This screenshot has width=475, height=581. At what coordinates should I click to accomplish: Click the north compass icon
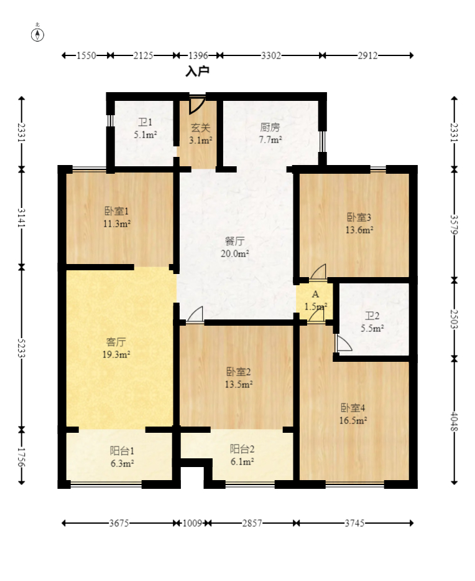point(37,34)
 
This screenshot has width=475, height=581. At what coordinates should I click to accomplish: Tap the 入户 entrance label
point(198,71)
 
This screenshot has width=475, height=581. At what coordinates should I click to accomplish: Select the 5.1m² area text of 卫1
point(145,135)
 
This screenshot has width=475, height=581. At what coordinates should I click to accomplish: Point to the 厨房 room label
point(270,128)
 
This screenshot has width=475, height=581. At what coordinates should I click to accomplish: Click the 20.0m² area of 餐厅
point(235,254)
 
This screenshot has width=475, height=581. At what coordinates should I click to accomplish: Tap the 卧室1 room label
point(117,211)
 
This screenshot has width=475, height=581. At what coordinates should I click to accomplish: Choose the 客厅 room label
point(116,342)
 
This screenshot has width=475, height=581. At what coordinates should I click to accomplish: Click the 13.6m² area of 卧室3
point(359,230)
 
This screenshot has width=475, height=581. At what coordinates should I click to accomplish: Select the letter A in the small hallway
point(315,294)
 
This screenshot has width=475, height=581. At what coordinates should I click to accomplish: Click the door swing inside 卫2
point(344,343)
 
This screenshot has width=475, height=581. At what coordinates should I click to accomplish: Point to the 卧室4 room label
point(353,408)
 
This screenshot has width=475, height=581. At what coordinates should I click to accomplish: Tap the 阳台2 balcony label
point(242,449)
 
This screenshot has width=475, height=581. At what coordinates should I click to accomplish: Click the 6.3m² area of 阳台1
point(122,463)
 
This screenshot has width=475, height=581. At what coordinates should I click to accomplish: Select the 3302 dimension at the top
point(271,55)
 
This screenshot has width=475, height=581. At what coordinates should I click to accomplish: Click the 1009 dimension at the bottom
point(192,523)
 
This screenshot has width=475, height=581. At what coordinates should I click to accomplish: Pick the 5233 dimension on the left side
point(21,348)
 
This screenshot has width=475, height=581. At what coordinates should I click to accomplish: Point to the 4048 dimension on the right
point(454,422)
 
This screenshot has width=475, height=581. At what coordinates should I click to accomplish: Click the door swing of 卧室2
point(195,314)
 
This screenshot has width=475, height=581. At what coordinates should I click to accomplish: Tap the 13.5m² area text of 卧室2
point(239,385)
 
